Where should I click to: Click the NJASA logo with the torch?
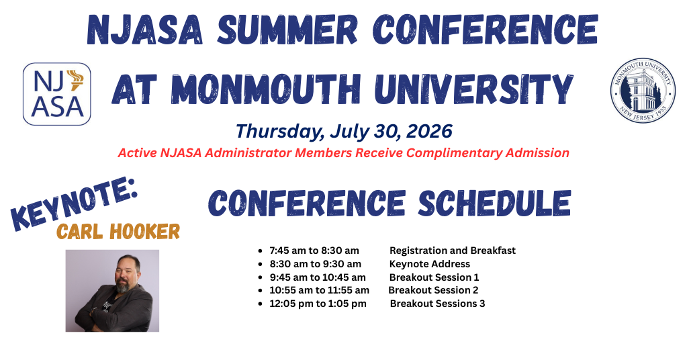tap(56, 93)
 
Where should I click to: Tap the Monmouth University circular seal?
tap(643, 91)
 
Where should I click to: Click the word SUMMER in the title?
tap(287, 30)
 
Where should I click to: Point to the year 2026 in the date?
tap(429, 131)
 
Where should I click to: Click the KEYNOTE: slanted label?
tap(74, 204)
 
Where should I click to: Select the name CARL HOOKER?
tap(118, 232)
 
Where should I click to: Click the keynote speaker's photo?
tap(112, 291)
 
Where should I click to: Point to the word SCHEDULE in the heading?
tap(494, 203)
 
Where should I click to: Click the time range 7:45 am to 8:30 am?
tap(314, 251)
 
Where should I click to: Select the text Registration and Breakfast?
tap(453, 251)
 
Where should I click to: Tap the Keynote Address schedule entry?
tap(430, 264)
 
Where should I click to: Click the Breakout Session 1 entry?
tap(434, 277)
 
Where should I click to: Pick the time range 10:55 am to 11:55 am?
tap(320, 290)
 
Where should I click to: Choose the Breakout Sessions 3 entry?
tap(438, 304)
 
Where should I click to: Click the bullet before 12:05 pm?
tap(260, 304)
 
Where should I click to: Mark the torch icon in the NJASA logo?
tap(75, 80)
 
